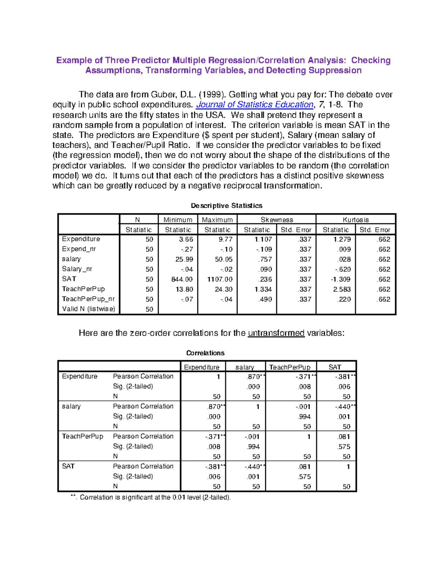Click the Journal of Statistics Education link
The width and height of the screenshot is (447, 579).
pyautogui.click(x=255, y=105)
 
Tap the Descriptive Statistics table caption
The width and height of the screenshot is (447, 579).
pyautogui.click(x=226, y=205)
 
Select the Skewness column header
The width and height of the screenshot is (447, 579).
pyautogui.click(x=277, y=220)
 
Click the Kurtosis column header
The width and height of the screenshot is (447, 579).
pyautogui.click(x=356, y=220)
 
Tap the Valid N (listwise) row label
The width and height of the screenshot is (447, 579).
pyautogui.click(x=89, y=309)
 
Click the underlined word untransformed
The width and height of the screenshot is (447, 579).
pyautogui.click(x=276, y=333)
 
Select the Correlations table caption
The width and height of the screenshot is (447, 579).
pyautogui.click(x=205, y=353)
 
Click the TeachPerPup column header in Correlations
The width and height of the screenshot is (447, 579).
pyautogui.click(x=290, y=367)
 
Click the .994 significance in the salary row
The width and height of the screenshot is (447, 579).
pyautogui.click(x=304, y=416)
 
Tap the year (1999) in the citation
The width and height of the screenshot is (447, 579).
pyautogui.click(x=212, y=95)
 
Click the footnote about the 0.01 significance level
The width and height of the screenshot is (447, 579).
pyautogui.click(x=150, y=497)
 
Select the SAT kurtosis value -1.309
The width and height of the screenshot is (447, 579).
pyautogui.click(x=340, y=279)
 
